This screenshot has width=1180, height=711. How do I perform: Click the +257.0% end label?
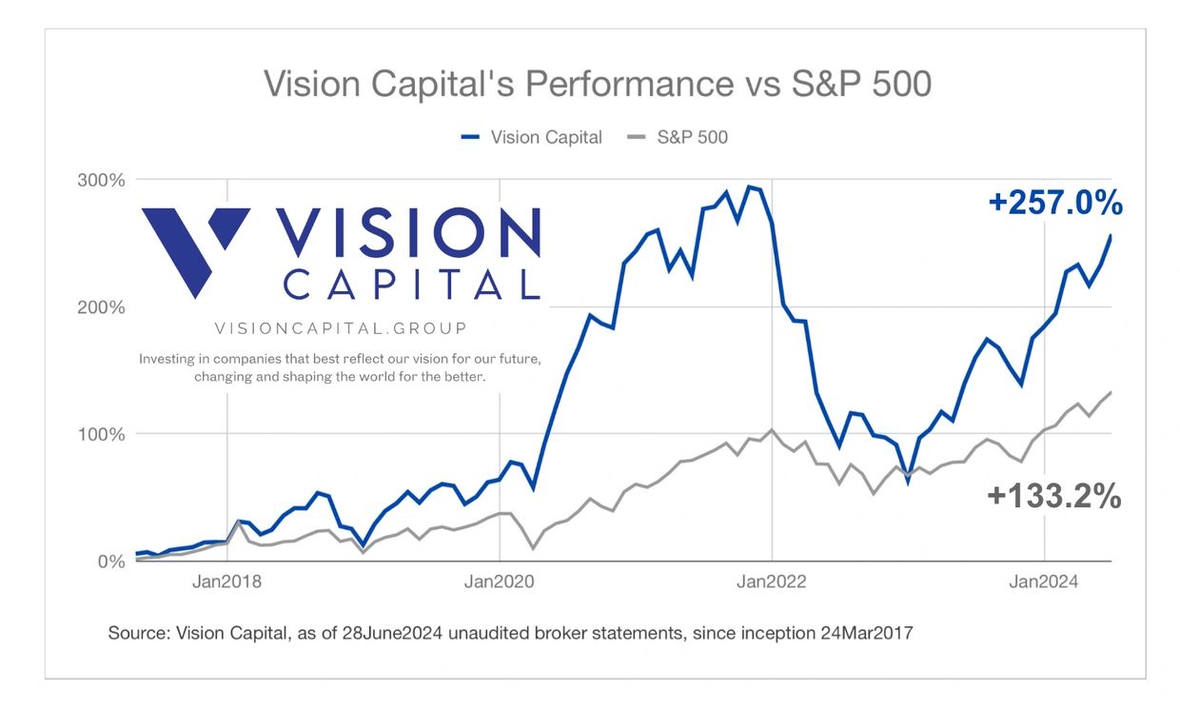pyautogui.click(x=1055, y=203)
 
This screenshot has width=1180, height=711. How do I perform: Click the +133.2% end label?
pyautogui.click(x=1053, y=496)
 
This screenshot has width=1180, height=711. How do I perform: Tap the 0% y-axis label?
pyautogui.click(x=111, y=562)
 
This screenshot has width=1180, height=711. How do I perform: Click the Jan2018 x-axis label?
pyautogui.click(x=226, y=582)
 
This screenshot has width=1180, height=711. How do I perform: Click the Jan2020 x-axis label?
pyautogui.click(x=500, y=582)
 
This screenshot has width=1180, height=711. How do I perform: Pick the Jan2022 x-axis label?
pyautogui.click(x=772, y=582)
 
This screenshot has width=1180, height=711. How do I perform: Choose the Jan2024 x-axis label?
pyautogui.click(x=1045, y=582)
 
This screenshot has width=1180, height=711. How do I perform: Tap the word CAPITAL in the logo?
pyautogui.click(x=411, y=284)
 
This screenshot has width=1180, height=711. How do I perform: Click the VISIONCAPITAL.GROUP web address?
pyautogui.click(x=341, y=328)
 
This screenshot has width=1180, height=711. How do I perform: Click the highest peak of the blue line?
pyautogui.click(x=750, y=187)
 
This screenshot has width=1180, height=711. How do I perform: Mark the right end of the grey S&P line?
pyautogui.click(x=1111, y=392)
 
